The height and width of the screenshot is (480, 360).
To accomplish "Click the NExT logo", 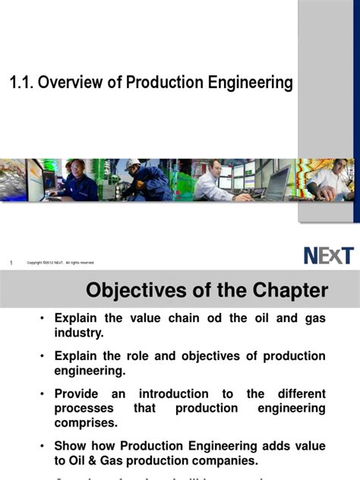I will tap(328, 255).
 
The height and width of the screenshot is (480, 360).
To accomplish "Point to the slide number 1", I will tap(11, 263).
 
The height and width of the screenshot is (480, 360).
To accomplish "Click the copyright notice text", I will tap(61, 263).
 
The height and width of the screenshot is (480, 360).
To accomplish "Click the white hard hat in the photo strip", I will tap(133, 164).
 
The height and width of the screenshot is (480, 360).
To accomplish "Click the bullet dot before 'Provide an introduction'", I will tap(43, 394).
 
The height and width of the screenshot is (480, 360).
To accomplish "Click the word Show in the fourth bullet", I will tap(70, 446).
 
